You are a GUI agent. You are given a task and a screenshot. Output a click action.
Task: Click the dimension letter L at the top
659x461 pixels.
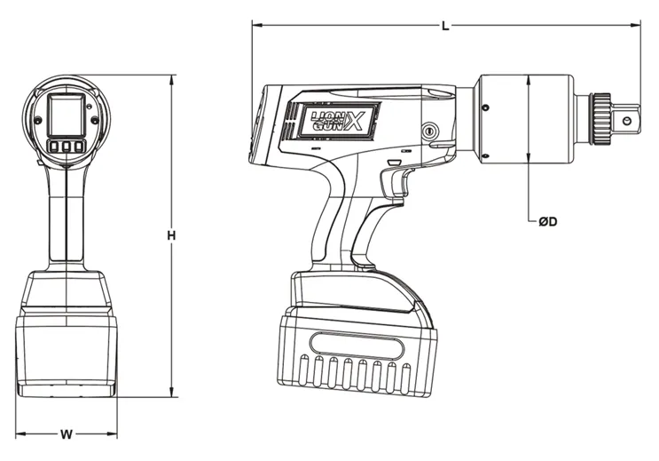coord(445,26)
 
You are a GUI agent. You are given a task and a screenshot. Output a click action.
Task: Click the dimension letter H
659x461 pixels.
coord(171,235)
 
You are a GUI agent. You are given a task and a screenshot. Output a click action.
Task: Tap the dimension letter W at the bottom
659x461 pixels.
coord(67,434)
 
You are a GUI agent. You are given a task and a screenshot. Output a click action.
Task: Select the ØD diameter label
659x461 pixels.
coord(547,221)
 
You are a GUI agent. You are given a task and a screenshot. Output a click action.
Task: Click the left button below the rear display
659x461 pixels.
coord(54,147)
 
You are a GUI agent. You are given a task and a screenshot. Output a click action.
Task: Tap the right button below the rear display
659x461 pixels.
coord(78,147)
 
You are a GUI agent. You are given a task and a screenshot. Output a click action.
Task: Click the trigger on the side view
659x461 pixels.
coord(396,182)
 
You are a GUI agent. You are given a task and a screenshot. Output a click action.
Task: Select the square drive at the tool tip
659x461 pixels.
coord(625,120)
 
